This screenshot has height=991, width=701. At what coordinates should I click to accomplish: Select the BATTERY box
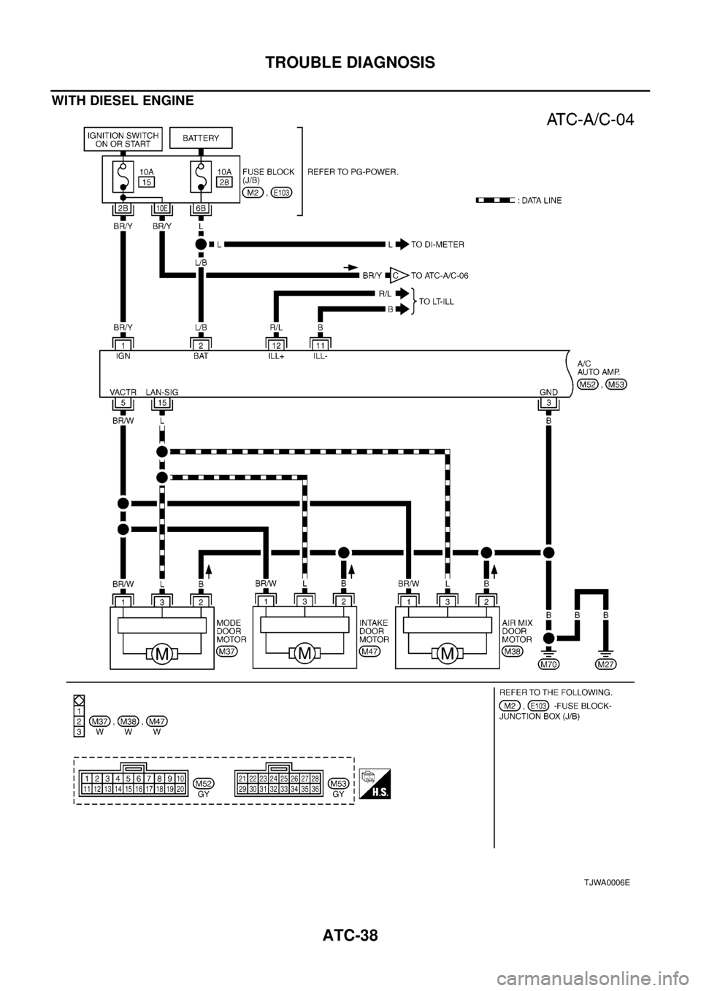click(x=200, y=137)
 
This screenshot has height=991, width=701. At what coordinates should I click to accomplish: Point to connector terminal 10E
click(x=161, y=209)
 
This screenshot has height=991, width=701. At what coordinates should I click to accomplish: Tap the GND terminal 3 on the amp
click(x=548, y=403)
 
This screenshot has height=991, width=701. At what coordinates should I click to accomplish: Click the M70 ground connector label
click(x=548, y=664)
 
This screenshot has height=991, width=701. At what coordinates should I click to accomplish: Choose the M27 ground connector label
click(x=605, y=664)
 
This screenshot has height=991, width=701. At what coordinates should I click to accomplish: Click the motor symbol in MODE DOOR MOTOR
click(x=162, y=654)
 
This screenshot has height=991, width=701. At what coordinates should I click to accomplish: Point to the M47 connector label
click(x=370, y=650)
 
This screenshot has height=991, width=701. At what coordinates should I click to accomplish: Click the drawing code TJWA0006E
click(x=605, y=882)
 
